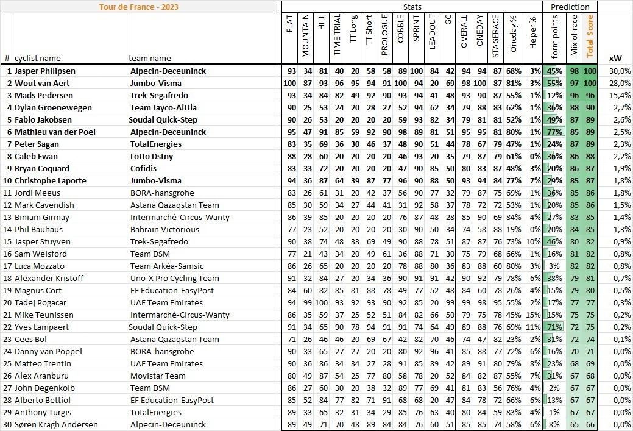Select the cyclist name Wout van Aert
tap(42, 83)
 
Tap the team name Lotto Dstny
tap(151, 156)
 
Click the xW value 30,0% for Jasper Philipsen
tap(620, 71)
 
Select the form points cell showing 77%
tap(555, 132)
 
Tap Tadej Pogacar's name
tap(44, 302)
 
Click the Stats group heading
tap(412, 7)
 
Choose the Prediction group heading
tap(570, 7)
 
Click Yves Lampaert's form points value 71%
tap(555, 327)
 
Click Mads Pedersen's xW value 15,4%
tap(620, 95)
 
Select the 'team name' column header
tap(150, 58)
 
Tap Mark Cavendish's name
tap(44, 205)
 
